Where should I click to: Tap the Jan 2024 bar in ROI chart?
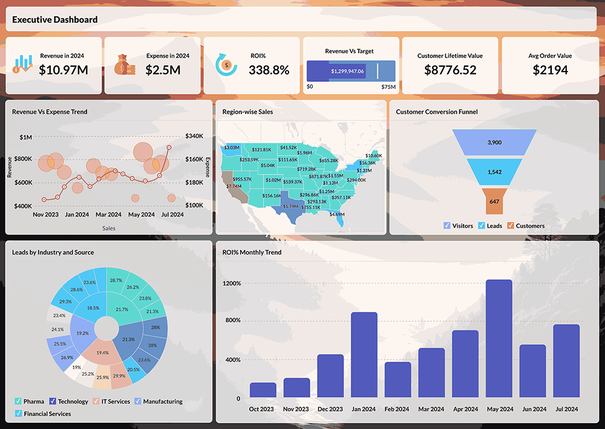point(364,354)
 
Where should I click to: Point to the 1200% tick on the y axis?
point(232,284)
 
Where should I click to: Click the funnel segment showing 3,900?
point(494,142)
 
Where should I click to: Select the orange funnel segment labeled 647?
point(494,201)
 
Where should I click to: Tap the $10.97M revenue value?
point(64,70)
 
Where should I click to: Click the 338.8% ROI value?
point(269,70)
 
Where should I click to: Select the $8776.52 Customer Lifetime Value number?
point(450,70)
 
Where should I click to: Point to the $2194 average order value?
point(550,70)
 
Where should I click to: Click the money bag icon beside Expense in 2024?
point(125,64)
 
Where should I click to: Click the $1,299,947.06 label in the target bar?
point(347,71)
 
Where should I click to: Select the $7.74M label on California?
point(234,186)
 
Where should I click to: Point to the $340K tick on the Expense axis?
point(194,136)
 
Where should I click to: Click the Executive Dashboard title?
point(54,19)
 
